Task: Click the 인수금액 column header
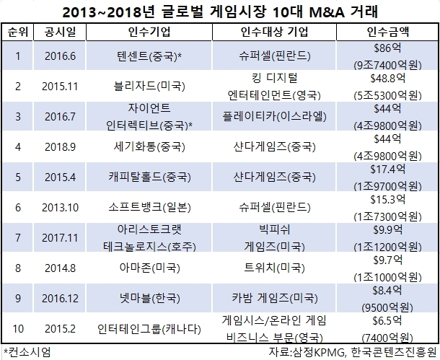[x=388, y=32]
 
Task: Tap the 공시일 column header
[x=60, y=32]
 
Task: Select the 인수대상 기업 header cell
[x=274, y=32]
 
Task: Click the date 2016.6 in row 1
[x=60, y=56]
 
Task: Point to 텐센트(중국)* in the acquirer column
[x=149, y=56]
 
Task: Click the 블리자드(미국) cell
[x=149, y=86]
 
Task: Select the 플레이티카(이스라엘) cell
[x=274, y=116]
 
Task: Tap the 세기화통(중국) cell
[x=149, y=146]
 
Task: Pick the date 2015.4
[x=60, y=177]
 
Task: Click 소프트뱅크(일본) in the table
[x=149, y=207]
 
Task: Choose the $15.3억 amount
[x=388, y=200]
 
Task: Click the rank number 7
[x=18, y=237]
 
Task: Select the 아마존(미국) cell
[x=149, y=268]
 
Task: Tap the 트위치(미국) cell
[x=274, y=268]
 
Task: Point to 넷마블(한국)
[x=149, y=298]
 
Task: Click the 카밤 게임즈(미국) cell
[x=274, y=298]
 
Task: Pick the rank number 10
[x=18, y=328]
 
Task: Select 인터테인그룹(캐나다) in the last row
[x=149, y=328]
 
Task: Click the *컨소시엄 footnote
[x=27, y=352]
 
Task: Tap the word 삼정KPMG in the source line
[x=318, y=352]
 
